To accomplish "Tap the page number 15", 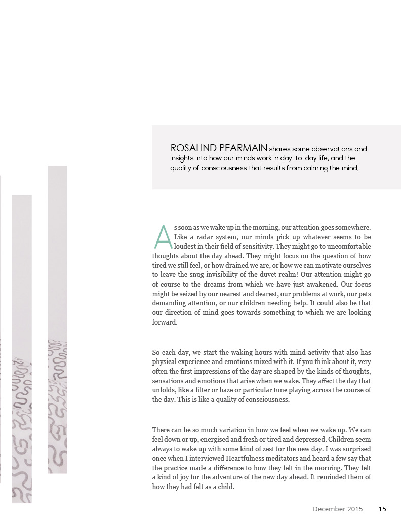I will pyautogui.click(x=382, y=509).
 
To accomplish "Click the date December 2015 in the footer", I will pyautogui.click(x=338, y=509).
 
